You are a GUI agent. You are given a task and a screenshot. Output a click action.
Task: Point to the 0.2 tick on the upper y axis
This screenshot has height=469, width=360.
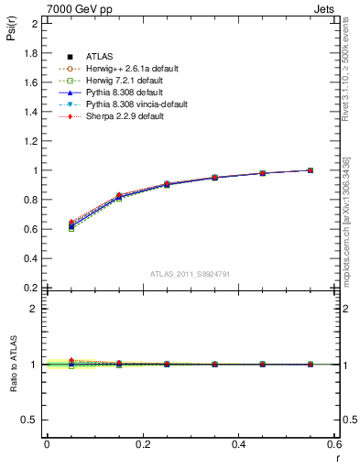pos(31,288)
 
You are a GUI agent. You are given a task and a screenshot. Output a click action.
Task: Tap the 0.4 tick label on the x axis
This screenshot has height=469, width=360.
pos(238,444)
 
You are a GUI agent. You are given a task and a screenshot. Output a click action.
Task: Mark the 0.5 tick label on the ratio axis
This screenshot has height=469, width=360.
pos(31,420)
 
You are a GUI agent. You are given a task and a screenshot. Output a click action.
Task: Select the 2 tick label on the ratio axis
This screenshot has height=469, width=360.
pos(35,309)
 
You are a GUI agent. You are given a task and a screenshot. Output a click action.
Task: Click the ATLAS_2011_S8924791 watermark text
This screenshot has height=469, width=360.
pos(190,275)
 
